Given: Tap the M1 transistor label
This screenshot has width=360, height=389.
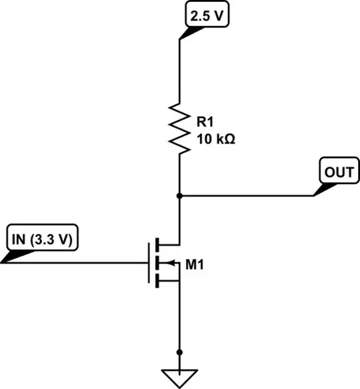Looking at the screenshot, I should pyautogui.click(x=194, y=265).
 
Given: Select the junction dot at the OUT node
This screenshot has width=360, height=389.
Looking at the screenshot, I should pyautogui.click(x=179, y=196).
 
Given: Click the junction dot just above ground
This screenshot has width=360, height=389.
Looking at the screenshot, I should pyautogui.click(x=179, y=352).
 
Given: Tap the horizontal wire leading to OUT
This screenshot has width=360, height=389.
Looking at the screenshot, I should pyautogui.click(x=247, y=196).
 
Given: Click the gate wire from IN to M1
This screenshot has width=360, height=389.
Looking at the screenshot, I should pyautogui.click(x=80, y=263).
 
